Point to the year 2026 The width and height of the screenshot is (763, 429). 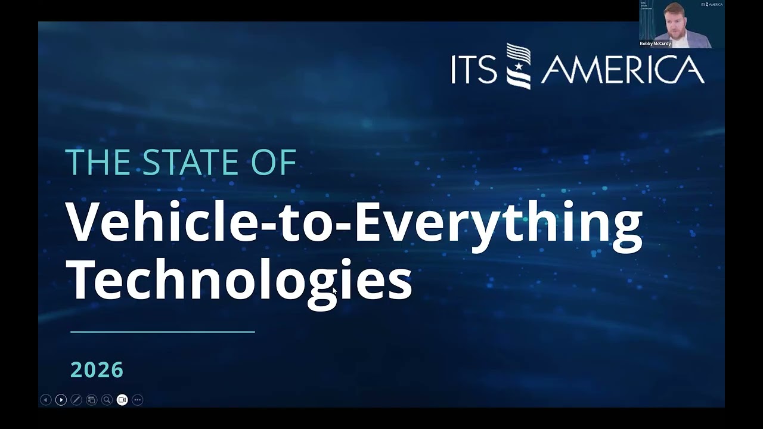[x=97, y=370]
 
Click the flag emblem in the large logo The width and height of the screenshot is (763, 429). [x=518, y=66]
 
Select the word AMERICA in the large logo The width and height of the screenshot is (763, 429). [x=622, y=69]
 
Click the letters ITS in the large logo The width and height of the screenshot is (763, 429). [x=474, y=70]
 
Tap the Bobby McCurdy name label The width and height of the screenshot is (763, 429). [x=655, y=43]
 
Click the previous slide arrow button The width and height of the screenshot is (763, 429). [x=45, y=400]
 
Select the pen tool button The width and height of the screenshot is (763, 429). [x=76, y=400]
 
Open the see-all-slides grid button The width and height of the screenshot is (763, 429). [x=91, y=400]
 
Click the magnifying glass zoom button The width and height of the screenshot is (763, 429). [x=107, y=400]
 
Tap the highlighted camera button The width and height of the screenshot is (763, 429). [x=122, y=400]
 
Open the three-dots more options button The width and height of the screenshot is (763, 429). [x=138, y=400]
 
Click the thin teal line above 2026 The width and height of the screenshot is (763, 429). [x=162, y=332]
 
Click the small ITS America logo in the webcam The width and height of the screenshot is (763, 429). [x=711, y=4]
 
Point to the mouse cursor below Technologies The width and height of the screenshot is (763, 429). [x=334, y=291]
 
